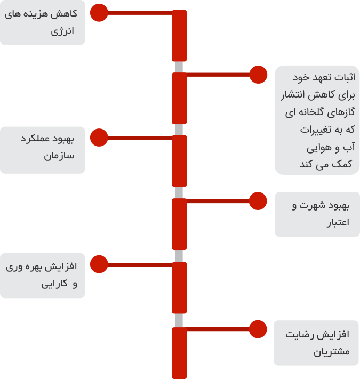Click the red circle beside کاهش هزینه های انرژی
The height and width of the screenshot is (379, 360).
pyautogui.click(x=99, y=13)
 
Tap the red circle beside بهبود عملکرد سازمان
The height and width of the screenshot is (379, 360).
pyautogui.click(x=99, y=138)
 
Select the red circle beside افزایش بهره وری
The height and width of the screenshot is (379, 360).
pyautogui.click(x=99, y=264)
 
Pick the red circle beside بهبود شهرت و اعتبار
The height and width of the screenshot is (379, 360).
pyautogui.click(x=258, y=201)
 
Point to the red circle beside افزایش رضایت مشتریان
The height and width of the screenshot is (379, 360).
pyautogui.click(x=258, y=329)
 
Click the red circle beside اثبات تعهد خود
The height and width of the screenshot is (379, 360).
pyautogui.click(x=258, y=75)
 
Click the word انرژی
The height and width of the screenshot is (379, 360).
pyautogui.click(x=62, y=31)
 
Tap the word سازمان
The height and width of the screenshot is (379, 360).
pyautogui.click(x=59, y=156)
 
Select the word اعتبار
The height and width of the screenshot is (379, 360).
pyautogui.click(x=338, y=222)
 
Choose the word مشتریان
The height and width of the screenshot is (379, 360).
pyautogui.click(x=332, y=352)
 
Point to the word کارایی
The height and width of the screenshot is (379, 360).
pyautogui.click(x=54, y=284)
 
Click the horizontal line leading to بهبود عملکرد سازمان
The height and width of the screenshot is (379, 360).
pyautogui.click(x=140, y=138)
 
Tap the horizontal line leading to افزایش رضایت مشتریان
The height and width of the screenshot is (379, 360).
pyautogui.click(x=218, y=329)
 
